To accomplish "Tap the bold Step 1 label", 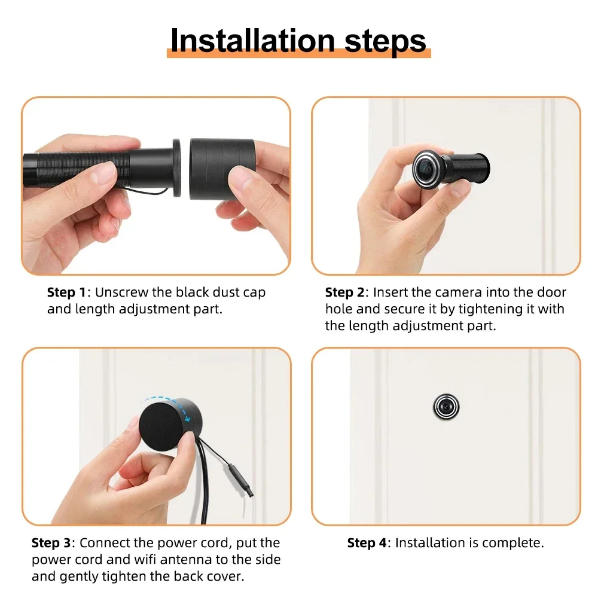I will pos(66,292).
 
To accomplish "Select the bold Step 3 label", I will pos(51,543).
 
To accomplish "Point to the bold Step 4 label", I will pos(367,543).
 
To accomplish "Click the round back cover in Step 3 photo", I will pos(160,424).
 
